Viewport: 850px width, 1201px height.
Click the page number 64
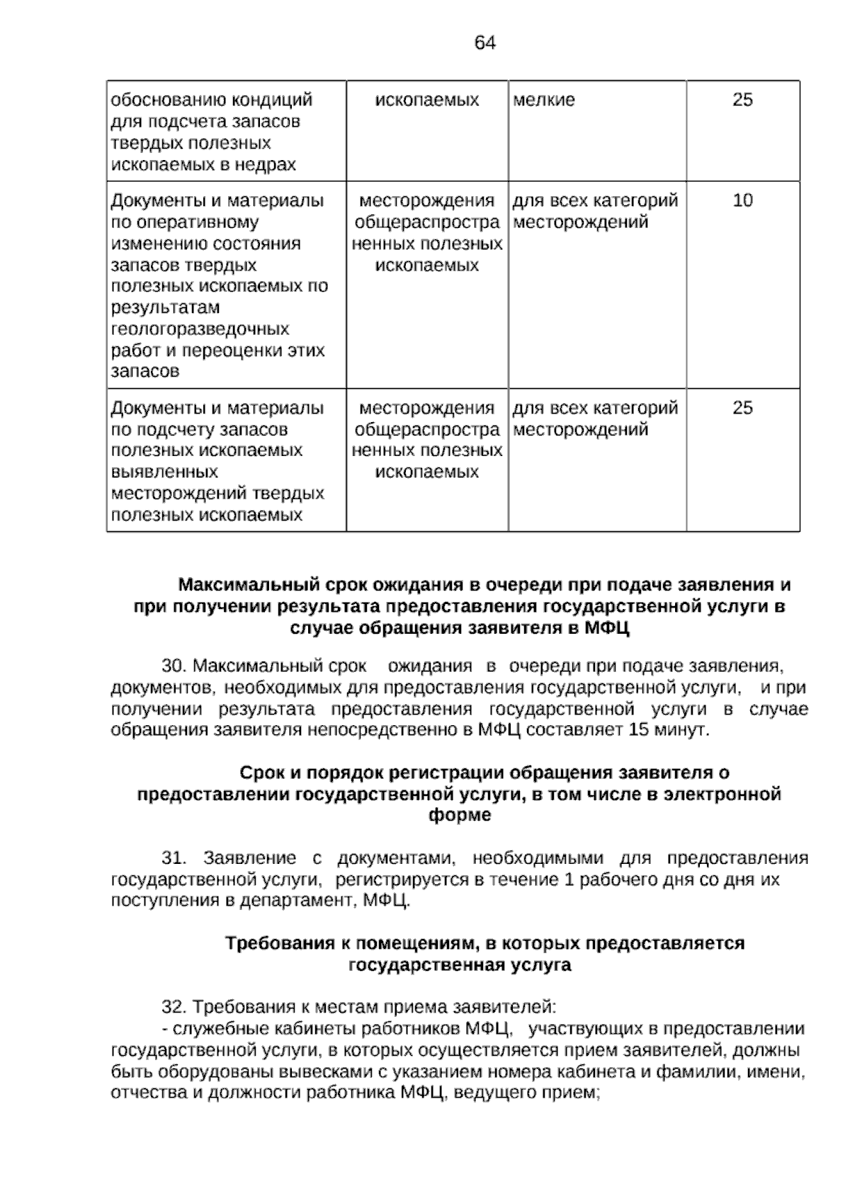pos(484,43)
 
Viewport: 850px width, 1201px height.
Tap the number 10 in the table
pos(742,200)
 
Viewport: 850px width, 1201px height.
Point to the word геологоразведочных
pos(200,329)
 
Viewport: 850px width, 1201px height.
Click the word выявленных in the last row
pos(164,472)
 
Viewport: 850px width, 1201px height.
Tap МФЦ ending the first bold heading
pos(608,628)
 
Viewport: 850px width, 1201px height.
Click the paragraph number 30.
pos(174,666)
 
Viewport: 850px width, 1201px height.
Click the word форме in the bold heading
pos(460,815)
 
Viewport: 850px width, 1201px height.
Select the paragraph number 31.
pos(174,858)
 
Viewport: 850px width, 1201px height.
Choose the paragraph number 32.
pos(174,1007)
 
